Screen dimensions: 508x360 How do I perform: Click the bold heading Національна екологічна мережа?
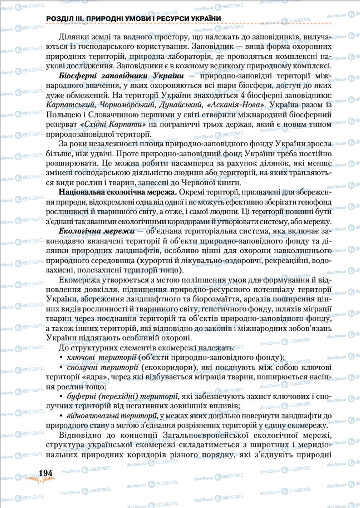coord(118,192)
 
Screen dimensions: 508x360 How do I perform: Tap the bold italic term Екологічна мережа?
coord(96,231)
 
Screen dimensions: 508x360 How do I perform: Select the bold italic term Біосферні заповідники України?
coord(121,76)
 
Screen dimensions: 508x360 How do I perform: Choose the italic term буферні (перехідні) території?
coord(122,396)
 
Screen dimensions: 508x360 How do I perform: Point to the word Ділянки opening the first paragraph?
coord(72,37)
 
